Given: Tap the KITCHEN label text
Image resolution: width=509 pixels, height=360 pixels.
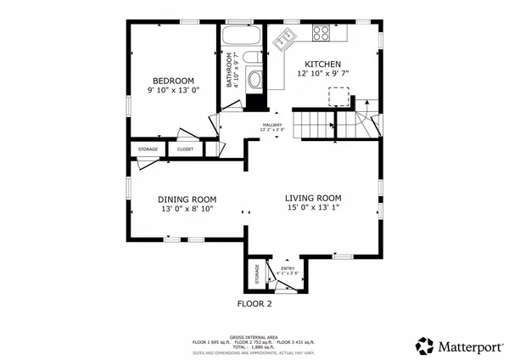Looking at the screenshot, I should [x=322, y=65].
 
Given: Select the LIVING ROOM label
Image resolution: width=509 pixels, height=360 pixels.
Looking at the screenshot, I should [x=318, y=197].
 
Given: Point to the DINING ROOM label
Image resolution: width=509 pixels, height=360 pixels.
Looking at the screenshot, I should [x=187, y=200].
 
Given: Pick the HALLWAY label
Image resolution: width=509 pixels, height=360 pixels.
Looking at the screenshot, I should [x=271, y=126].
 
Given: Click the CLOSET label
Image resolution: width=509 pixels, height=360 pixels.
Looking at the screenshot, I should [x=185, y=149].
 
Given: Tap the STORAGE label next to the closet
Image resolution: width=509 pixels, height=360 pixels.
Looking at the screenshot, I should [x=148, y=149].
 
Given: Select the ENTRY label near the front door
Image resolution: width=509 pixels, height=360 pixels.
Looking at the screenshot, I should [x=288, y=268].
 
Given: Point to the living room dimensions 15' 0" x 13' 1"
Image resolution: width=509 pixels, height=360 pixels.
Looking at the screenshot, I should [x=318, y=208].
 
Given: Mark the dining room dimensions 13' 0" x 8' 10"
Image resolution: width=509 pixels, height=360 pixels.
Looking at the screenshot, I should [x=187, y=210].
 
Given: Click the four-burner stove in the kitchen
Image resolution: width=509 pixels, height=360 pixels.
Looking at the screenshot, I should [x=322, y=34].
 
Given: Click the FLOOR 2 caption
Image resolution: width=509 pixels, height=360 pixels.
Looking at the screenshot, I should [x=254, y=303].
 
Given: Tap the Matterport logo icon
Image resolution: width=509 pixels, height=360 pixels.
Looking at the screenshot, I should [x=424, y=346].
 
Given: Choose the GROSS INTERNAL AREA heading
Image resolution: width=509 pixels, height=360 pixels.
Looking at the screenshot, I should [x=255, y=336].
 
